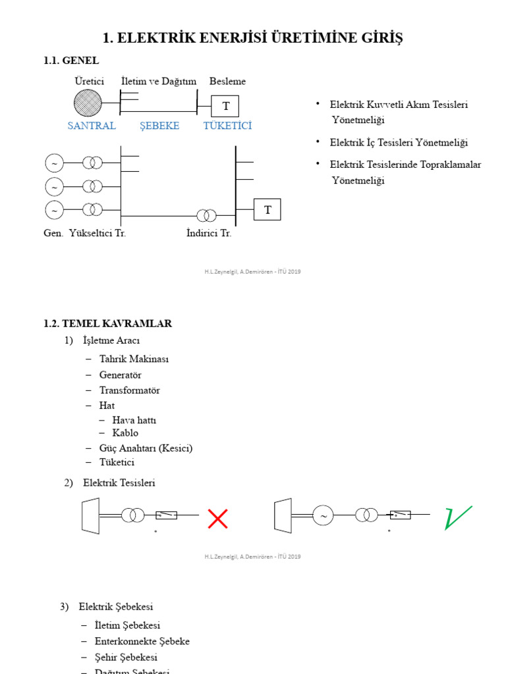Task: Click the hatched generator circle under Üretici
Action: click(x=88, y=103)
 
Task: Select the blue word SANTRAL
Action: click(x=92, y=126)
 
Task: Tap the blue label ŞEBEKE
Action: click(x=159, y=126)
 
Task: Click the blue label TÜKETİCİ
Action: click(x=227, y=126)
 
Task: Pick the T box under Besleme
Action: click(x=225, y=106)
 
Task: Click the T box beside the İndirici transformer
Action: click(x=267, y=210)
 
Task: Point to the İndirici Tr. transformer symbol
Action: click(x=206, y=216)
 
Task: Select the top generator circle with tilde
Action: click(x=54, y=163)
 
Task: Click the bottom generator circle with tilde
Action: click(x=54, y=209)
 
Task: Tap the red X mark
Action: click(x=217, y=519)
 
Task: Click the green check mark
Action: click(x=458, y=517)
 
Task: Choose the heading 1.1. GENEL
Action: click(x=71, y=61)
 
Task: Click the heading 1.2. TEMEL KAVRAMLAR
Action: click(x=107, y=323)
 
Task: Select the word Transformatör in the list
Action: click(x=130, y=390)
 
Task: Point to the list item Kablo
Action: click(x=125, y=433)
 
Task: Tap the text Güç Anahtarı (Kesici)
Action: click(x=146, y=448)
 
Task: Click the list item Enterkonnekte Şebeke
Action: click(x=142, y=641)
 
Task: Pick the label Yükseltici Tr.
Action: click(x=98, y=234)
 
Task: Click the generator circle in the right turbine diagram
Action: click(x=323, y=516)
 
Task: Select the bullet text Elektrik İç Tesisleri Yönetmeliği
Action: click(x=399, y=143)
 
